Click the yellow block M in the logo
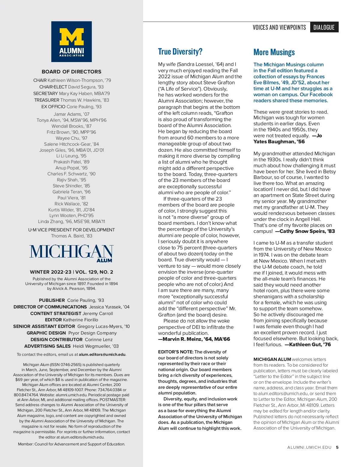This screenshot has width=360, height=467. [x=71, y=37]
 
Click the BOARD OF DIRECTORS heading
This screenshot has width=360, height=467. [x=71, y=72]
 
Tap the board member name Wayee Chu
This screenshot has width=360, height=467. [x=71, y=138]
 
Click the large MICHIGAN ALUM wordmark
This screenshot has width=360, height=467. [x=71, y=252]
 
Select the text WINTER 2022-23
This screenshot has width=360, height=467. [x=51, y=272]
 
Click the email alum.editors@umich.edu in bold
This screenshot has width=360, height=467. [x=102, y=355]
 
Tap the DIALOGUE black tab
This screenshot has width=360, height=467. [x=324, y=27]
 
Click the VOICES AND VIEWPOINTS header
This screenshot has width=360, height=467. [x=279, y=27]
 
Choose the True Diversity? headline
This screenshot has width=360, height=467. [x=180, y=52]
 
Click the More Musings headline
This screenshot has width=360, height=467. [x=274, y=52]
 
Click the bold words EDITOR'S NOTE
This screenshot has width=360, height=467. [x=175, y=352]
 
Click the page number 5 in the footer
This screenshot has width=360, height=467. [x=337, y=448]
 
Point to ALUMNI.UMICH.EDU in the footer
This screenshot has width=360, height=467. [x=309, y=448]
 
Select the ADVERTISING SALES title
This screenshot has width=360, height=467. [x=47, y=346]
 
